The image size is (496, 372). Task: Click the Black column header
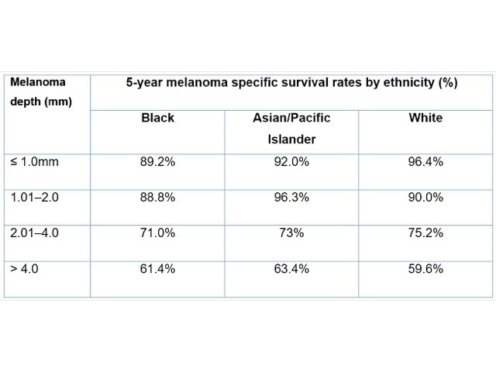[x=157, y=119]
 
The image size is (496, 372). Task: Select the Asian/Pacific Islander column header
[x=292, y=129]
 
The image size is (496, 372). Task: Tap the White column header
[x=425, y=119]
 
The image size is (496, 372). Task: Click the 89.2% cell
[x=157, y=164]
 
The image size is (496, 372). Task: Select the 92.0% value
[x=292, y=164]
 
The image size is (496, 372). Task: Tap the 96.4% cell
[x=425, y=164]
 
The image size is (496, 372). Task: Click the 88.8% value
[x=157, y=198]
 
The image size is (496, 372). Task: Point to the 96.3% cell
[x=292, y=198]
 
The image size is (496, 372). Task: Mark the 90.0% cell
[x=425, y=198]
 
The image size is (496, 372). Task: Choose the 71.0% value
[x=157, y=232]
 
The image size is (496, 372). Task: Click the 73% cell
[x=292, y=232]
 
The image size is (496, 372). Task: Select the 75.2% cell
[x=425, y=232]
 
